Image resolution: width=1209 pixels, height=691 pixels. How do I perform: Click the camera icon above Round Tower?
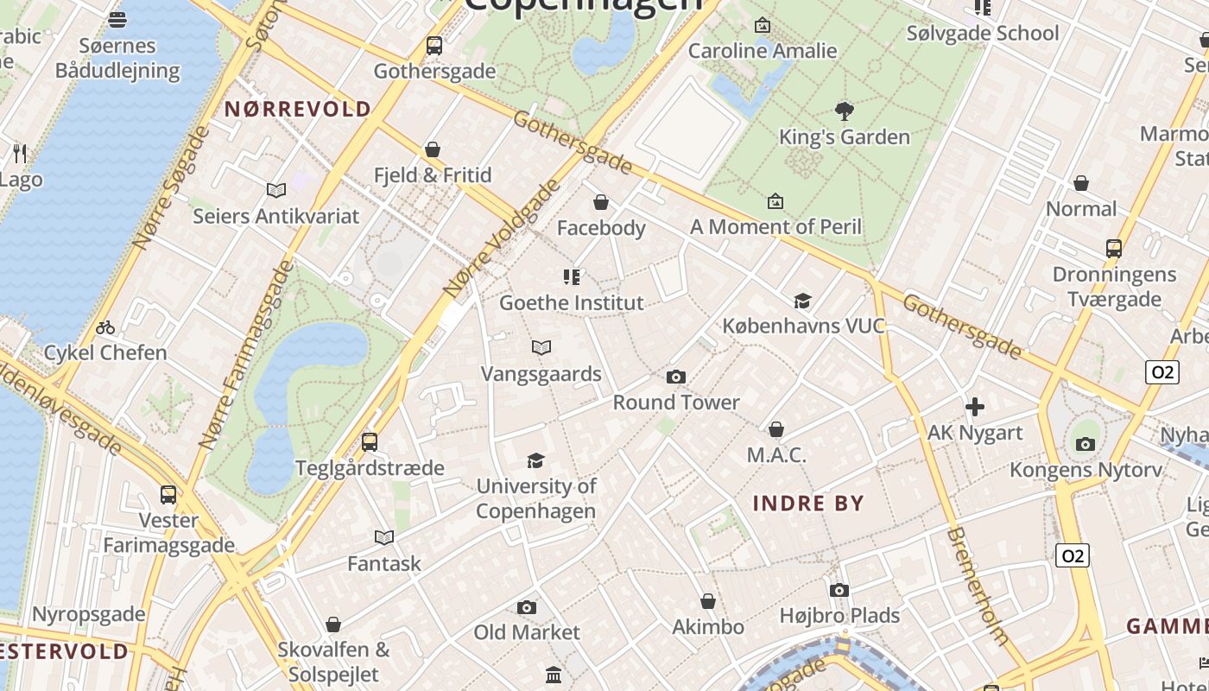(x=676, y=377)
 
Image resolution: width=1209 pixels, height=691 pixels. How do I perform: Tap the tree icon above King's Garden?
(x=844, y=111)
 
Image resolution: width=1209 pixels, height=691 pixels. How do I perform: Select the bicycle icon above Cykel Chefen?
(x=105, y=327)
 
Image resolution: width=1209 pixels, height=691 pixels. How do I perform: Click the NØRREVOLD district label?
(x=298, y=109)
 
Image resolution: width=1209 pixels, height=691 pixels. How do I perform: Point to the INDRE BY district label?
(x=808, y=504)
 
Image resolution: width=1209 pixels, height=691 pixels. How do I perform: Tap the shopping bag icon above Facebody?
(x=601, y=202)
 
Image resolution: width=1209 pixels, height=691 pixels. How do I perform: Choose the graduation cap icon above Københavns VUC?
(x=803, y=301)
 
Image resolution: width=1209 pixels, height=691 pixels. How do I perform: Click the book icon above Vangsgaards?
(x=541, y=348)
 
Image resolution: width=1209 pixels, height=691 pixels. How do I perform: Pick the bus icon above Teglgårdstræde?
(x=370, y=442)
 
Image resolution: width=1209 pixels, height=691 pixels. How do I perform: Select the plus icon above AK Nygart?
(x=975, y=407)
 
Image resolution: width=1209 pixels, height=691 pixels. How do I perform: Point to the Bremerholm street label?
(x=978, y=586)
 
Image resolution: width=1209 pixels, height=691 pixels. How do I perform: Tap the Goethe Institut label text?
(x=572, y=303)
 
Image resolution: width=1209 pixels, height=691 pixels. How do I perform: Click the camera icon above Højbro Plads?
(x=839, y=591)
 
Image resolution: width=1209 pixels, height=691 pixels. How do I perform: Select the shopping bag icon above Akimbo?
(x=708, y=601)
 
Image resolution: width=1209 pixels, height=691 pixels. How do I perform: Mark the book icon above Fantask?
(x=384, y=538)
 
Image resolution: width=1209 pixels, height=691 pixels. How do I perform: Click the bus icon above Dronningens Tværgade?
(x=1114, y=249)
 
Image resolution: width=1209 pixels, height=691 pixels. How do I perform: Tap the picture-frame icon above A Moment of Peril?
(x=775, y=201)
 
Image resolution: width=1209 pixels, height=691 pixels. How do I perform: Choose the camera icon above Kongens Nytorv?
(x=1086, y=445)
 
